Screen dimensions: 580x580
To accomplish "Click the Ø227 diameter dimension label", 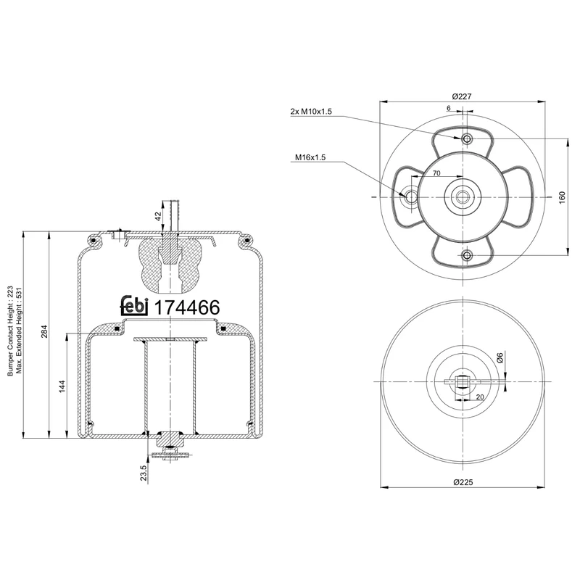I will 463,96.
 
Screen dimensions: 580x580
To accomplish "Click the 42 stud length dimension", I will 158,215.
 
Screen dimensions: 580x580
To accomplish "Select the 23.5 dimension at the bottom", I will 144,473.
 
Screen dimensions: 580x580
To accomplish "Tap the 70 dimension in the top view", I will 436,174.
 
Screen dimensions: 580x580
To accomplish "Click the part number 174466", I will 185,307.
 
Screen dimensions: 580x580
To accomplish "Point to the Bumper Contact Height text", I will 10,330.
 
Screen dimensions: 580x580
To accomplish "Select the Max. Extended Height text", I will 20,330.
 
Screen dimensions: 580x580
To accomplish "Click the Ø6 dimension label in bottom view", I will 500,357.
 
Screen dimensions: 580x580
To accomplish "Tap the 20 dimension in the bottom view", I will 480,397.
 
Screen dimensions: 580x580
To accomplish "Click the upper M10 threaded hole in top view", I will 466,138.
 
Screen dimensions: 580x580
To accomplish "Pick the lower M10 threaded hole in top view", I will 466,255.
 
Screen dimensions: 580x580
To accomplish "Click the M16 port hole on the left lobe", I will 411,196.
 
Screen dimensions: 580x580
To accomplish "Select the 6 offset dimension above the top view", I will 449,108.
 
